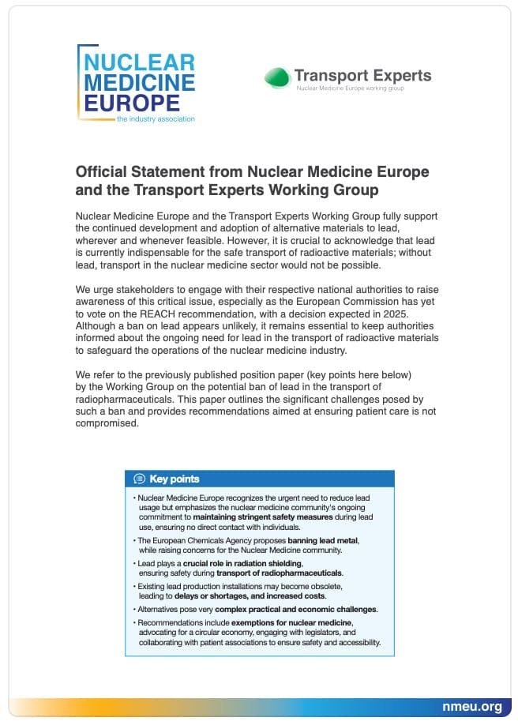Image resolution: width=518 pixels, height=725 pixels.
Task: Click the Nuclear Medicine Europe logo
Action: coord(136,83)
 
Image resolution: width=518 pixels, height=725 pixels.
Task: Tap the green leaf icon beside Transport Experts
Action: coord(276,77)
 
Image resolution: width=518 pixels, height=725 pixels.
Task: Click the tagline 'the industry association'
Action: coord(155,119)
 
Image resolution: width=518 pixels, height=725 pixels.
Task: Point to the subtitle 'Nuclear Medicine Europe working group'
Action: coord(350,89)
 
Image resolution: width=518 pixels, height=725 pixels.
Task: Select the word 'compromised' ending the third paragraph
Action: coord(107,423)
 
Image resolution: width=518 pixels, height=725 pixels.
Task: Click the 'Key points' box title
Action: coord(175,479)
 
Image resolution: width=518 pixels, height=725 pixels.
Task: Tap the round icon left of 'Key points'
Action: coord(140,479)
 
